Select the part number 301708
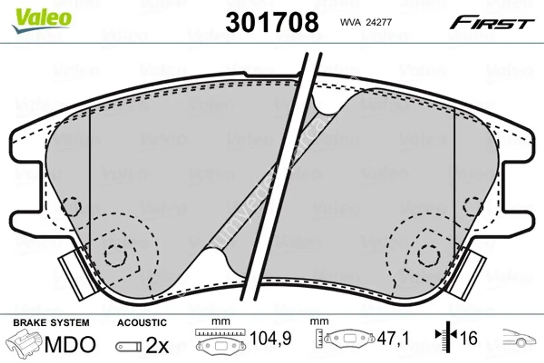[272, 22]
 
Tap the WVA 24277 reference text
[366, 23]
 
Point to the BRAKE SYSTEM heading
[51, 323]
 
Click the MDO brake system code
[70, 344]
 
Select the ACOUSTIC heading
[142, 323]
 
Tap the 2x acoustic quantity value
[157, 346]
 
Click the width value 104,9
[271, 339]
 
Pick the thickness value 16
[468, 339]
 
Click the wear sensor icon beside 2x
[128, 347]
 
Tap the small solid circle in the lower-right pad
[428, 254]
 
